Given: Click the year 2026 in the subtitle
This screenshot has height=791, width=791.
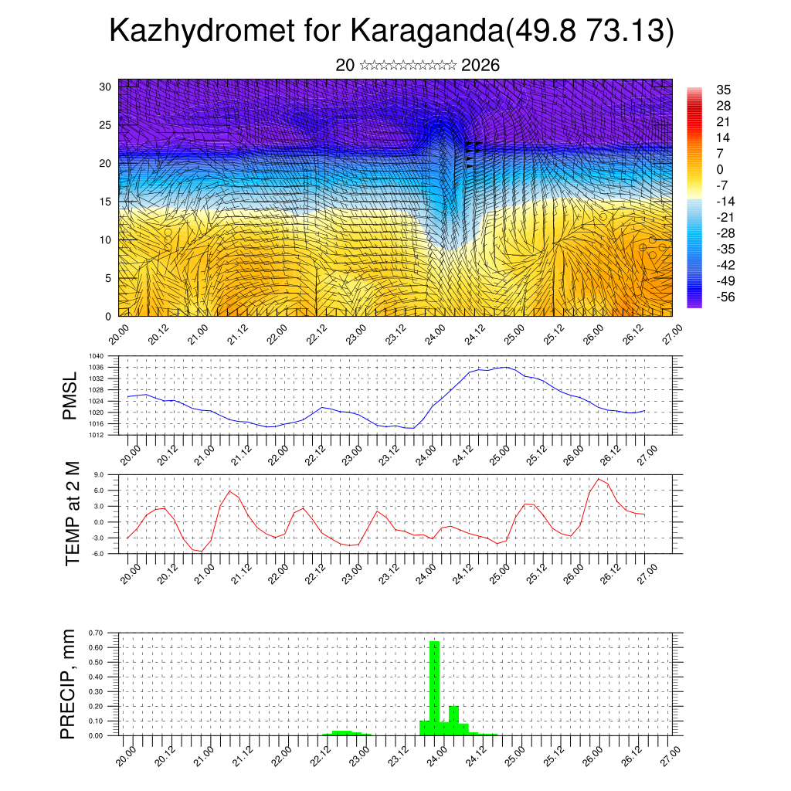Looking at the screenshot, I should [480, 66].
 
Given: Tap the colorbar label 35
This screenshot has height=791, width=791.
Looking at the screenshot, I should [724, 90].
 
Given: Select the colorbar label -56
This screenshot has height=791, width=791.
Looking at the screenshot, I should [726, 296].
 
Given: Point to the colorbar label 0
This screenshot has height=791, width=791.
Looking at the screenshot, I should [720, 169].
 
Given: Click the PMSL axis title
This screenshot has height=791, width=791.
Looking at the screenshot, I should [70, 396].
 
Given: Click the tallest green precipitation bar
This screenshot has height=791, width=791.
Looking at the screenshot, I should [434, 687].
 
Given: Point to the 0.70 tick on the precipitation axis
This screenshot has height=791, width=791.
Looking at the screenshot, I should [96, 633].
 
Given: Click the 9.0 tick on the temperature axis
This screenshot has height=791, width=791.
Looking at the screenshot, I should [99, 475].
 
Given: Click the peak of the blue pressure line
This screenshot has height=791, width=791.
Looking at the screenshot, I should [505, 367].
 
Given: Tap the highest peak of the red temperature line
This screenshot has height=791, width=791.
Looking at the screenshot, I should [599, 479].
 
